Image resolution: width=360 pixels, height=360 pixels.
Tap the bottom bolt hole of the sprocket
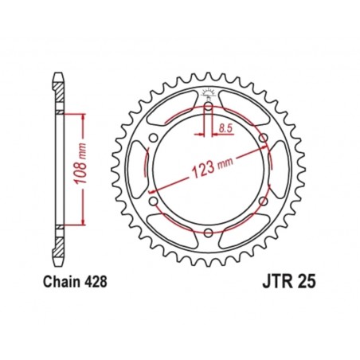[208, 233]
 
